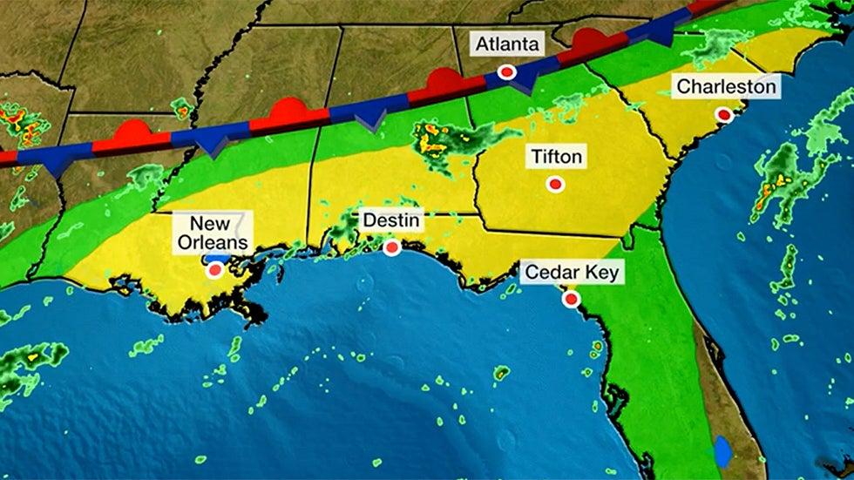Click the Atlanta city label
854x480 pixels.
508,44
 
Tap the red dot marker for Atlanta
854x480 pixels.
505,72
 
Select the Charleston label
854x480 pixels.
725,86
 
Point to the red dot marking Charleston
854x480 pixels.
723,114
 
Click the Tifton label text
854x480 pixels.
555,157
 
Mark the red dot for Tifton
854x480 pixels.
554,184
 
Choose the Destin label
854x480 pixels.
392,221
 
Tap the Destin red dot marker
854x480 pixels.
392,248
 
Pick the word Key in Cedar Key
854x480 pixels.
601,273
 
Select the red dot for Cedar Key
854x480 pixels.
571,300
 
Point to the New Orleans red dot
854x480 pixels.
215,271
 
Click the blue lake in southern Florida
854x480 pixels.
723,451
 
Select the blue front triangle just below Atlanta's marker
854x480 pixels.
524,82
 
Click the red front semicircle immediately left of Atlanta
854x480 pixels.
444,81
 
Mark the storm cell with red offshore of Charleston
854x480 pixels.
771,185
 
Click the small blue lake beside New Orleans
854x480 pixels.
220,259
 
